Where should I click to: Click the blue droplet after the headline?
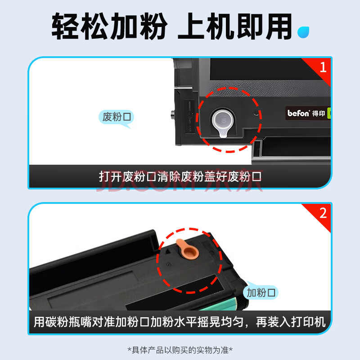[x=303, y=32]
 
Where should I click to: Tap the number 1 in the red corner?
[x=323, y=67]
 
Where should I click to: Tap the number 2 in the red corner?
[x=323, y=213]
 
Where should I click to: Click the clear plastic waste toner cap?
[x=222, y=122]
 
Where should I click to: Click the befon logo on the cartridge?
[x=298, y=113]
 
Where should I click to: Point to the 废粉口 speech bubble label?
[x=117, y=117]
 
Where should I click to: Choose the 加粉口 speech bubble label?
[x=261, y=292]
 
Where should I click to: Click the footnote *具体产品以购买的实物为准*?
[x=180, y=350]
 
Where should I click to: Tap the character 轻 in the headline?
[x=66, y=26]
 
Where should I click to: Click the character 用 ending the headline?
[x=279, y=26]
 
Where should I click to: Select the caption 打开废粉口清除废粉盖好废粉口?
[x=180, y=176]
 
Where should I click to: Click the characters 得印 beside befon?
[x=319, y=113]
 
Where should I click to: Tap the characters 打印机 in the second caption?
[x=308, y=322]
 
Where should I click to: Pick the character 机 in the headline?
[x=220, y=26]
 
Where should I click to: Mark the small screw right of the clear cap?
[x=256, y=113]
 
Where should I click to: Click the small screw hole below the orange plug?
[x=169, y=265]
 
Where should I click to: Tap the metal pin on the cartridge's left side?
[x=173, y=114]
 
